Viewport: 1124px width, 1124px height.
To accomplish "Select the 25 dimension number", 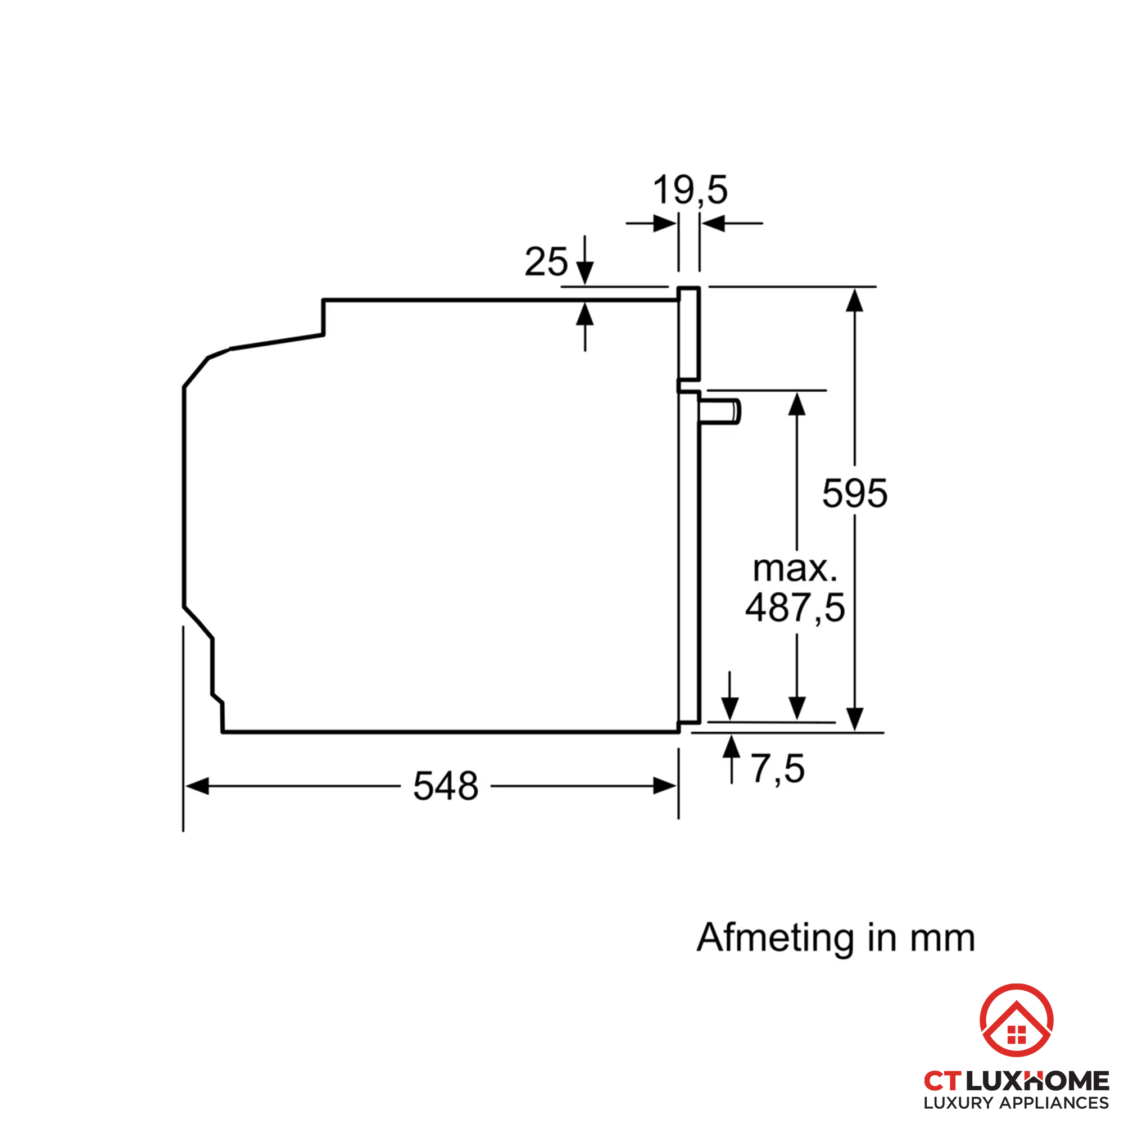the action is pyautogui.click(x=546, y=262).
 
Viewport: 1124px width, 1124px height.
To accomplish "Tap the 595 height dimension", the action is pyautogui.click(x=855, y=493).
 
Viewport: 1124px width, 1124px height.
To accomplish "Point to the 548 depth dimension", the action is pyautogui.click(x=446, y=786).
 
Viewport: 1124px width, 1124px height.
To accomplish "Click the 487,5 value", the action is pyautogui.click(x=795, y=608).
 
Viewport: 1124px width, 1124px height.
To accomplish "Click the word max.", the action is pyautogui.click(x=795, y=568).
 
